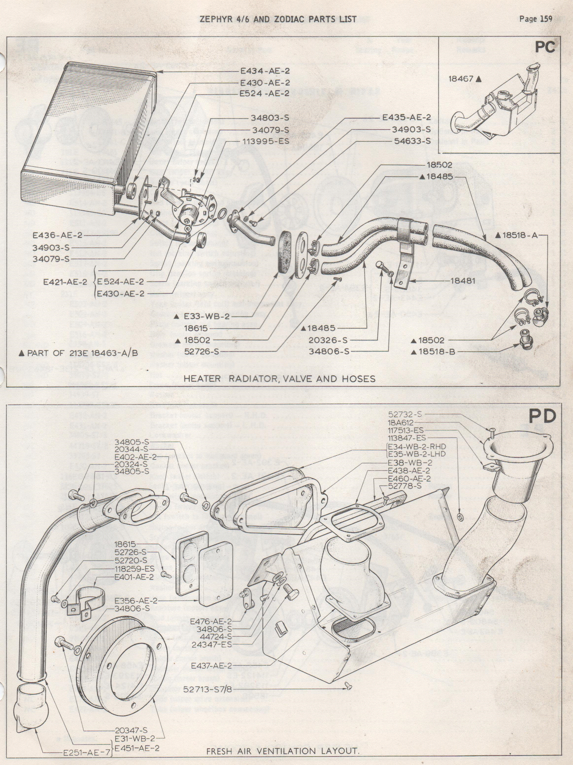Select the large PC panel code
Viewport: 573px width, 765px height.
[x=545, y=47]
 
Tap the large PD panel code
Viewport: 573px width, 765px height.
[x=543, y=417]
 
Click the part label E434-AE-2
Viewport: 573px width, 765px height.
[x=265, y=71]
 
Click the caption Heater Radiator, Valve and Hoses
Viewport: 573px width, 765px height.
[x=279, y=378]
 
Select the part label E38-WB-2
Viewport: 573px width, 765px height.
[x=409, y=462]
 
